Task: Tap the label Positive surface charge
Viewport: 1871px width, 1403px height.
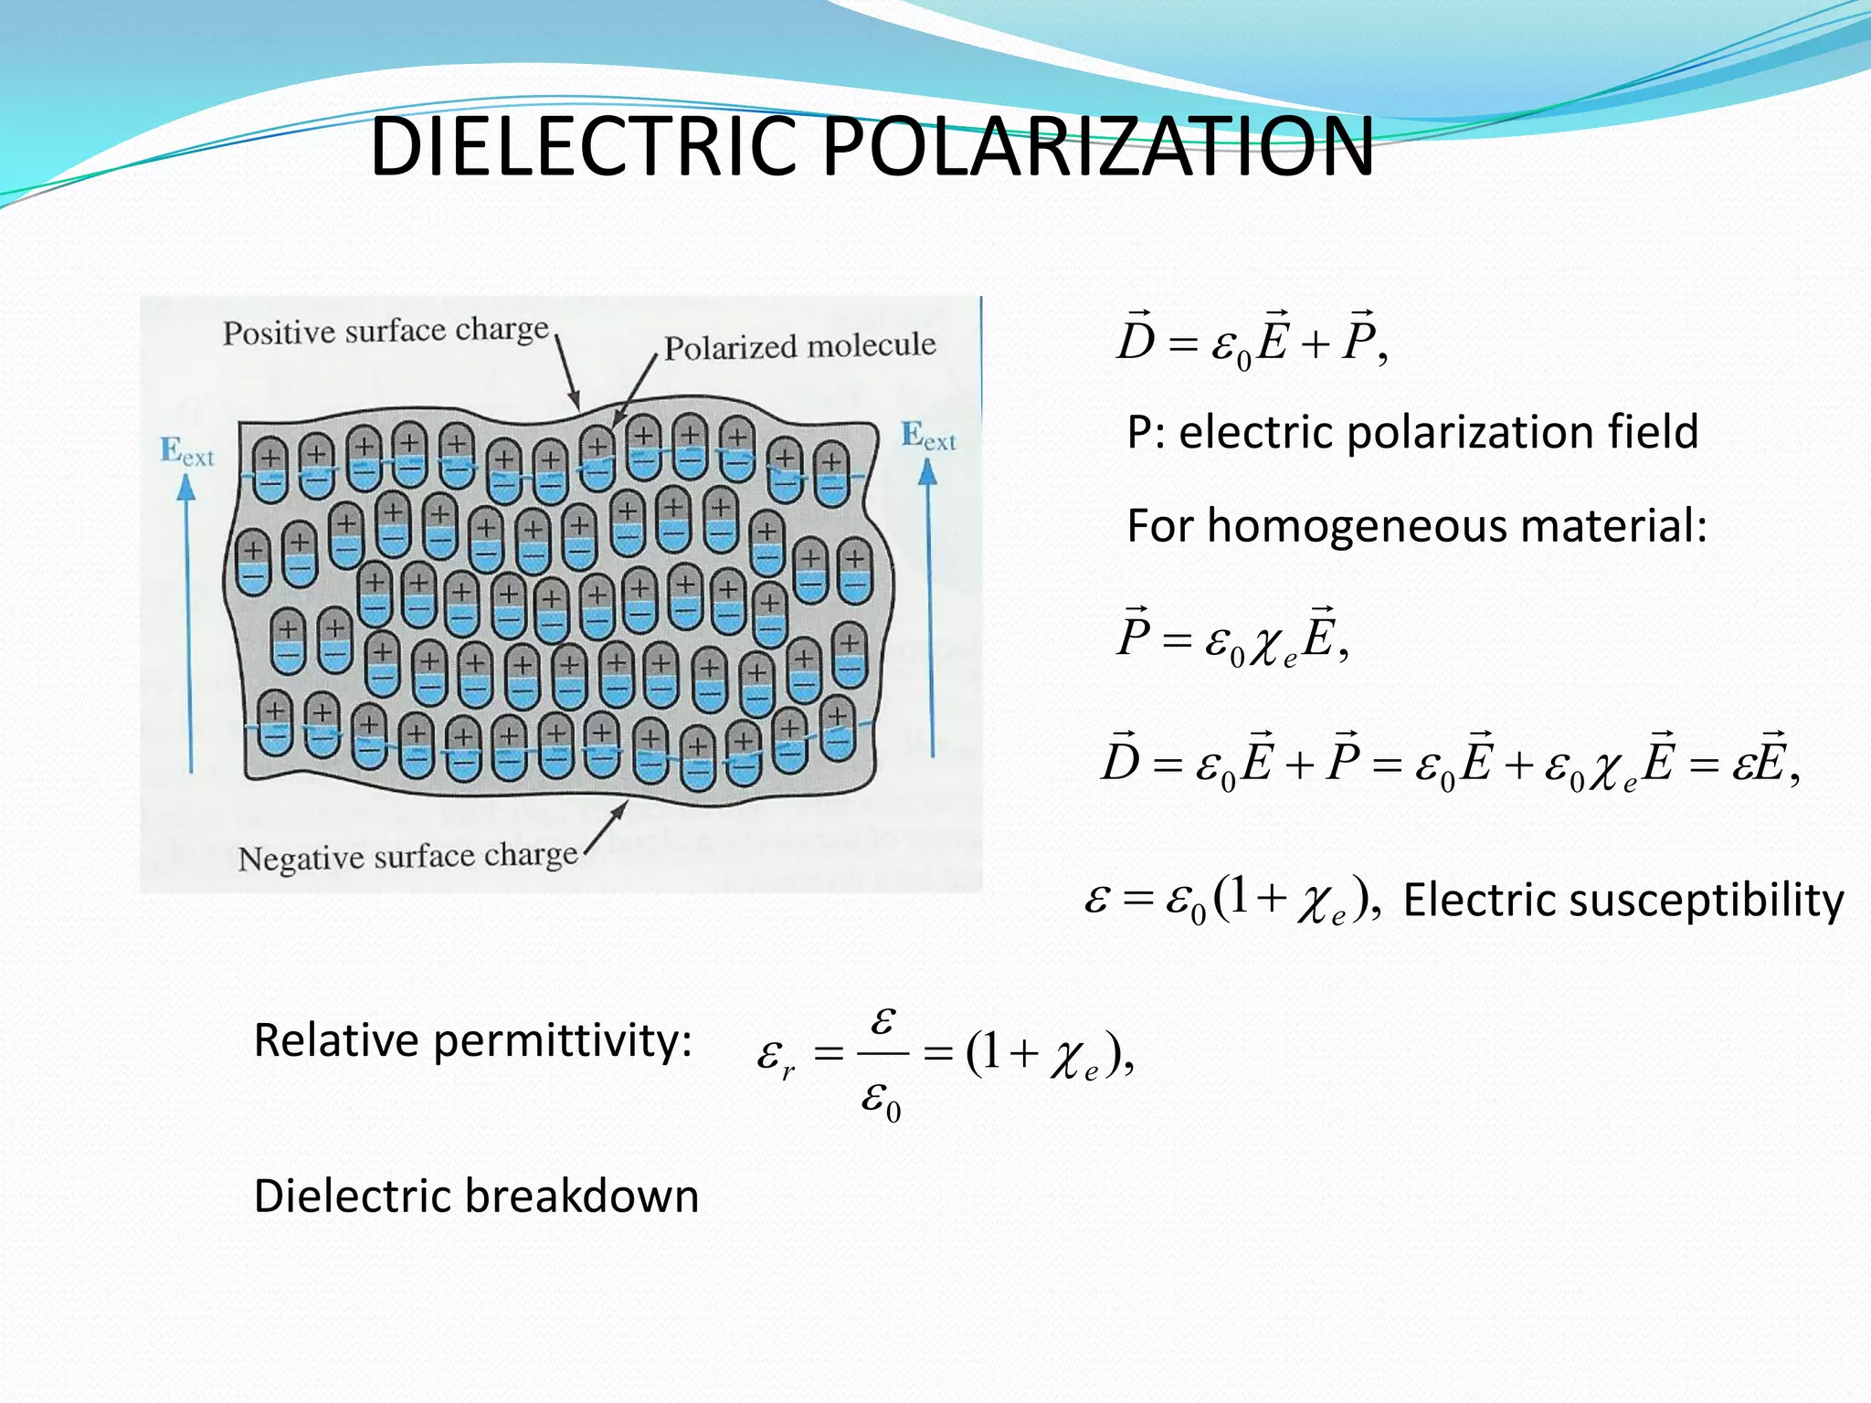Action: [386, 331]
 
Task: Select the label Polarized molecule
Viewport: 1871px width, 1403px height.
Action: [799, 346]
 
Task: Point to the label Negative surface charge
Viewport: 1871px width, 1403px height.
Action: [407, 857]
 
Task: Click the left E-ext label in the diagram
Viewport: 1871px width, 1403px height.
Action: [186, 451]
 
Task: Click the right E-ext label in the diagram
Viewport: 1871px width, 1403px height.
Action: [927, 436]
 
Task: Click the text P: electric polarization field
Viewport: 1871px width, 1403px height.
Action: [1411, 432]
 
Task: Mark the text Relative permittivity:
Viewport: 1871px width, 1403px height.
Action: [472, 1040]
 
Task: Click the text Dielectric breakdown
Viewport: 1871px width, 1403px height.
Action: [476, 1196]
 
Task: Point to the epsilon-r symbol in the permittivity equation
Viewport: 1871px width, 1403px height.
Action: [775, 1058]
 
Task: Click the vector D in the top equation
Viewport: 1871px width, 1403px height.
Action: [1136, 339]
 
